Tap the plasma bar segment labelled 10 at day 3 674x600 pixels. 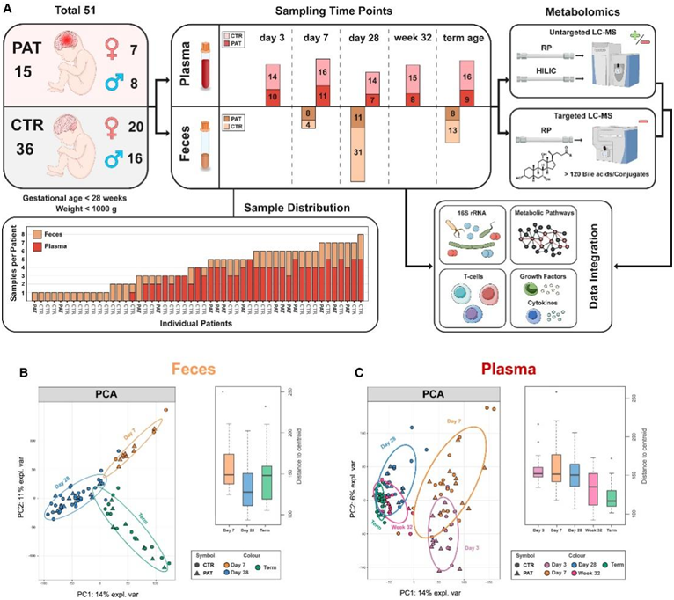point(274,96)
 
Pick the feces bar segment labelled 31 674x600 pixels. point(357,152)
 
